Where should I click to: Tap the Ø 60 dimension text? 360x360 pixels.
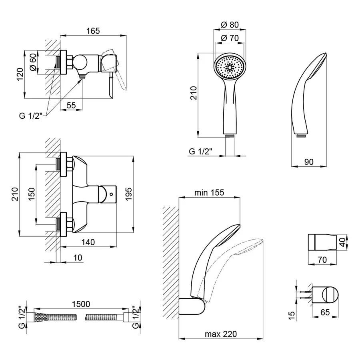(x=33, y=62)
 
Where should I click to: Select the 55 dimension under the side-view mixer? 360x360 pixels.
(x=71, y=105)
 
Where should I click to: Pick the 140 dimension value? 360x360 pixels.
(x=88, y=242)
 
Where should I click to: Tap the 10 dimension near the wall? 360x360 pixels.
(x=78, y=258)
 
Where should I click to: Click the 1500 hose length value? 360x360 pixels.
(x=82, y=304)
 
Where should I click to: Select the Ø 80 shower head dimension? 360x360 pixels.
(x=230, y=25)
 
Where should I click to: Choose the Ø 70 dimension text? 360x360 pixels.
(x=230, y=38)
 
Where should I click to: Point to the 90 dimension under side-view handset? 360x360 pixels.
(x=308, y=162)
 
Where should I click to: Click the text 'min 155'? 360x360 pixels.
(x=209, y=192)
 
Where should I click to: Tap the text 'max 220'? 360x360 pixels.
(x=220, y=334)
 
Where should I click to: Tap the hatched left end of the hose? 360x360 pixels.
(x=40, y=318)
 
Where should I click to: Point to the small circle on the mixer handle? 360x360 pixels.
(x=111, y=195)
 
